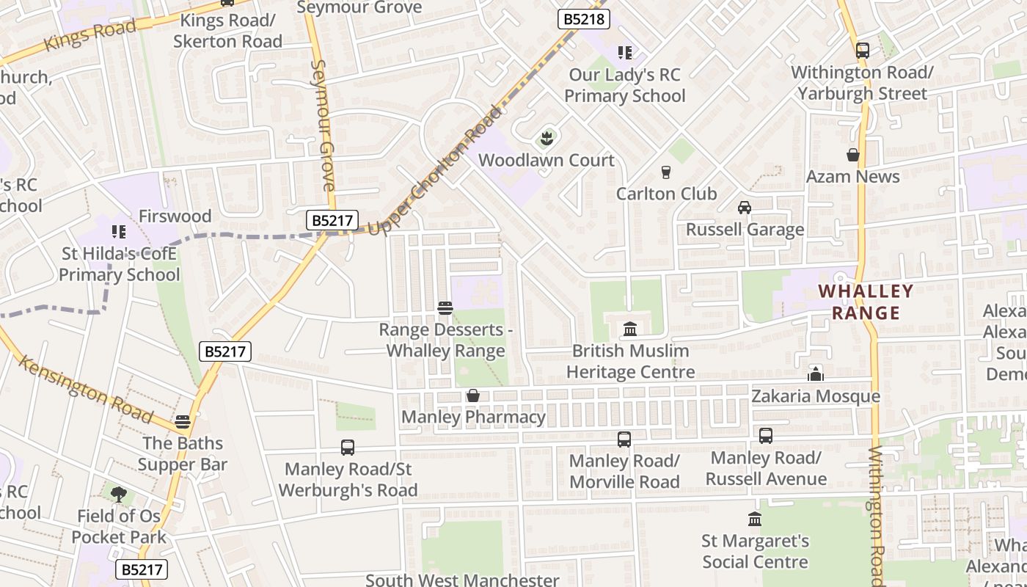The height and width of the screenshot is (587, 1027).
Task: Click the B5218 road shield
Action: pos(585,19)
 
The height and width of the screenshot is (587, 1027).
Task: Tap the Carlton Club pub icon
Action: pos(666,172)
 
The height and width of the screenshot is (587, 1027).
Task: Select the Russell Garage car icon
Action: pos(745,208)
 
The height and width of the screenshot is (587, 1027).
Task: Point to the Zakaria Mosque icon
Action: pos(815,374)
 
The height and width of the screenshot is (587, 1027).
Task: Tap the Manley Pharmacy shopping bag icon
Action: pos(473,396)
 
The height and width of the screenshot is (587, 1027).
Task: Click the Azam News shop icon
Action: pos(852,155)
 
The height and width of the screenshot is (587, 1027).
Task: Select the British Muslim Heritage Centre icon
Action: pos(630,329)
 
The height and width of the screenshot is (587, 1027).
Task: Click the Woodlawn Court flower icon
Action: pos(546,138)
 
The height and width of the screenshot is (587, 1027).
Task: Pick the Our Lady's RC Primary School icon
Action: pos(625,53)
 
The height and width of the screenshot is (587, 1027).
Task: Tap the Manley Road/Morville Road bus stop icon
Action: pos(624,440)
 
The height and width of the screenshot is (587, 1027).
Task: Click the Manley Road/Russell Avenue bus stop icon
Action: pos(766,436)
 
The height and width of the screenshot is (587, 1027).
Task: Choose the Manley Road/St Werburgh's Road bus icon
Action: pos(348,447)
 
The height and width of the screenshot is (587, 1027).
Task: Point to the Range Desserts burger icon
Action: pos(445,307)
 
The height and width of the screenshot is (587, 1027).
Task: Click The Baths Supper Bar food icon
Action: pos(183,422)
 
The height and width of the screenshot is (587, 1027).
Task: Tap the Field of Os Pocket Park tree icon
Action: pos(118,494)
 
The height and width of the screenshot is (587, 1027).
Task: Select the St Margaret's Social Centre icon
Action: pos(755,519)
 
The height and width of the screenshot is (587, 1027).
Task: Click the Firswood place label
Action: pos(175,216)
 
